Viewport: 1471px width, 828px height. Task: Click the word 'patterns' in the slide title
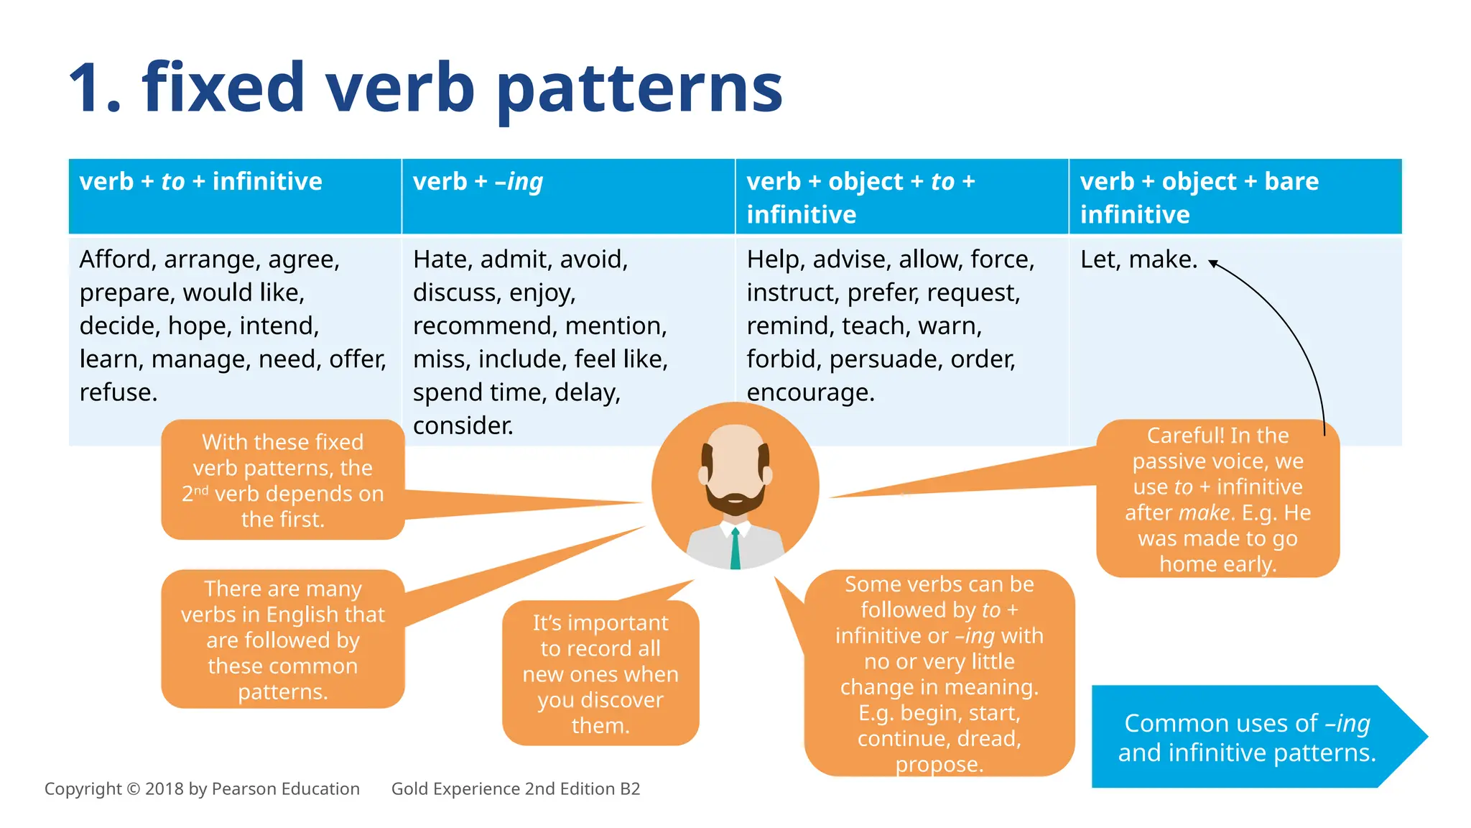coord(639,89)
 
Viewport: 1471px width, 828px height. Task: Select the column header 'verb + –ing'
coord(478,182)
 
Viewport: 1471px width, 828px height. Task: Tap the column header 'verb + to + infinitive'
coord(200,182)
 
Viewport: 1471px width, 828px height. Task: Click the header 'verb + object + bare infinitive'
coord(1198,197)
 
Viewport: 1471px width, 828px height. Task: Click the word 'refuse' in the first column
coord(116,392)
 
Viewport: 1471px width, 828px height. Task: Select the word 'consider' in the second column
coord(461,425)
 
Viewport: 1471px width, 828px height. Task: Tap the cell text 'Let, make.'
coord(1138,259)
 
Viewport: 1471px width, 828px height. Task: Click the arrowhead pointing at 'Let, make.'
coord(1212,263)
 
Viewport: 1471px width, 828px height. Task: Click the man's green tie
coord(735,549)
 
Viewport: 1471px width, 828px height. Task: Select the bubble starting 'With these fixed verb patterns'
coord(282,480)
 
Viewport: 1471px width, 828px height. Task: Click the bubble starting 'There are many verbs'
coord(282,640)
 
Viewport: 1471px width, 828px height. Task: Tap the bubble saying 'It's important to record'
coord(600,673)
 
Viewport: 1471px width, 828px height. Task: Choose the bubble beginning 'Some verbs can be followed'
coord(939,673)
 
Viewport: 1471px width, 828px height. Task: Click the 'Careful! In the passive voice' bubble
coord(1217,500)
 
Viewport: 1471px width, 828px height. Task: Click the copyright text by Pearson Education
coord(202,789)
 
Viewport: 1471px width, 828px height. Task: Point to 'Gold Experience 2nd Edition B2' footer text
coord(515,789)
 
